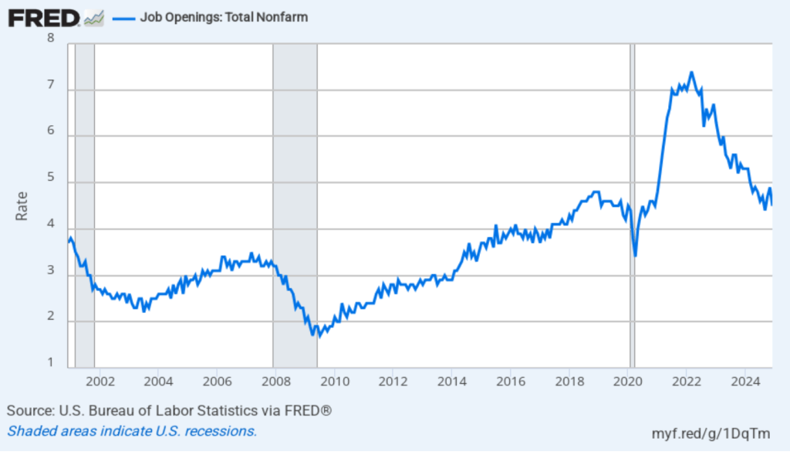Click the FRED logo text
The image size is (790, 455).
42,17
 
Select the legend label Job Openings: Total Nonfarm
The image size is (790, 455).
224,17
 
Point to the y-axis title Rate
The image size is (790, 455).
22,205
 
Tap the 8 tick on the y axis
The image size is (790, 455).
51,38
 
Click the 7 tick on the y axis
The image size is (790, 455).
51,86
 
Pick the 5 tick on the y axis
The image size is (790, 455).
51,179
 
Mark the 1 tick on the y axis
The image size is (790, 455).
51,363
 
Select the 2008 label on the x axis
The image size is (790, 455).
275,381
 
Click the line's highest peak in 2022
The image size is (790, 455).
691,73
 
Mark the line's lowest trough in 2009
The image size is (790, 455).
319,337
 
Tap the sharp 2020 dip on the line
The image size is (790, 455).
635,256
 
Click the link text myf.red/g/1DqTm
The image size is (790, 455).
711,433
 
